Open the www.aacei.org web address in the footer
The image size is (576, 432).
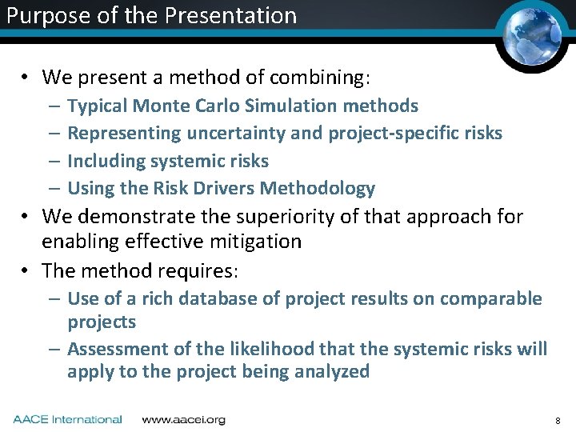pos(183,419)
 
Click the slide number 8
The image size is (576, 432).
pos(557,420)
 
